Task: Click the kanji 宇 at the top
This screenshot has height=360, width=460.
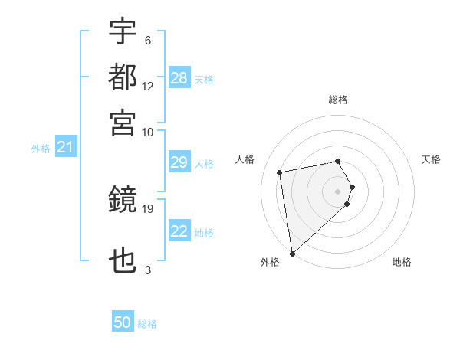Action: coord(123,32)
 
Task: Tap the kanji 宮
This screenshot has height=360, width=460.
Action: coord(123,122)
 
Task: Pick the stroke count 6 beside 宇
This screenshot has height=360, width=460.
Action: coord(147,40)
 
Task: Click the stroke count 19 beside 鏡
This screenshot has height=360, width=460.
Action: coord(149,208)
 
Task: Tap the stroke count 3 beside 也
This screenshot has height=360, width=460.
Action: coord(147,270)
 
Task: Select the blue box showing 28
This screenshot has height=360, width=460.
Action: coord(179,78)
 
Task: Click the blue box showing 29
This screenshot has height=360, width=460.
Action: coord(179,162)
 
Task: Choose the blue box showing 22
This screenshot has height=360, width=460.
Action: coord(179,231)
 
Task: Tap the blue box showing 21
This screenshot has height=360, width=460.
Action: coord(65,147)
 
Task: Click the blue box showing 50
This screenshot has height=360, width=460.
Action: coord(123,323)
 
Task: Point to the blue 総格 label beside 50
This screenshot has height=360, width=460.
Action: coord(148,324)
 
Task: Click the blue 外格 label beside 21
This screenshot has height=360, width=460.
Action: coord(40,149)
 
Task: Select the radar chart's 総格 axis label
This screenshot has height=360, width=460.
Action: coord(338,100)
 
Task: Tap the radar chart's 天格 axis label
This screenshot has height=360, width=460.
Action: coord(432,159)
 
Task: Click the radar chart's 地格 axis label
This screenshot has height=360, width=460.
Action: coord(402,263)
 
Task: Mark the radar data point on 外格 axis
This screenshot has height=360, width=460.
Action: coord(292,253)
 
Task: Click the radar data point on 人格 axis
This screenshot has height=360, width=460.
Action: coord(281,172)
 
